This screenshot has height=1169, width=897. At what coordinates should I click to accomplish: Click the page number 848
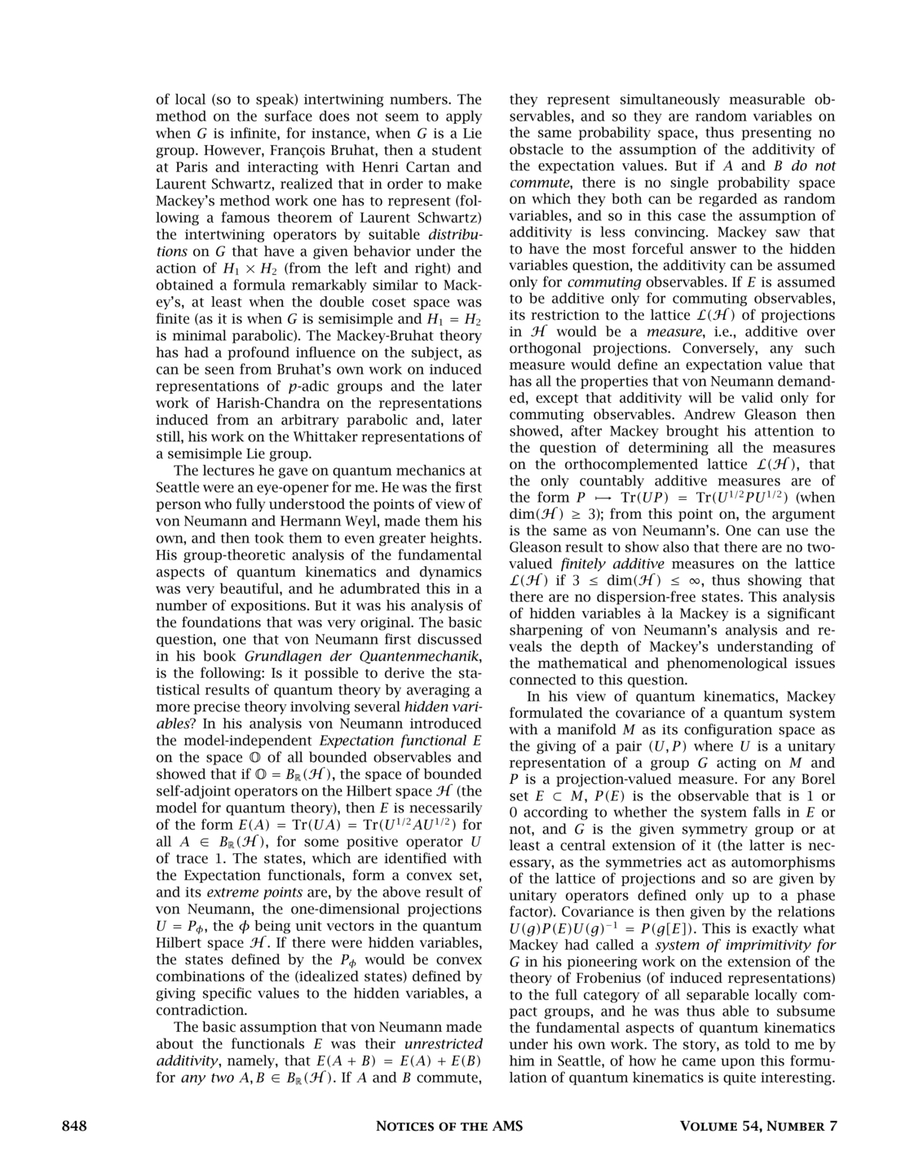tap(74, 1127)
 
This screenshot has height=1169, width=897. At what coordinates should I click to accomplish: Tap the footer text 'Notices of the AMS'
tap(448, 1127)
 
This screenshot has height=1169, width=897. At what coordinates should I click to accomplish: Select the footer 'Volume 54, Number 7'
tap(758, 1127)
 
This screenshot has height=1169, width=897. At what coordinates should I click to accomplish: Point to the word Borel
tap(818, 779)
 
